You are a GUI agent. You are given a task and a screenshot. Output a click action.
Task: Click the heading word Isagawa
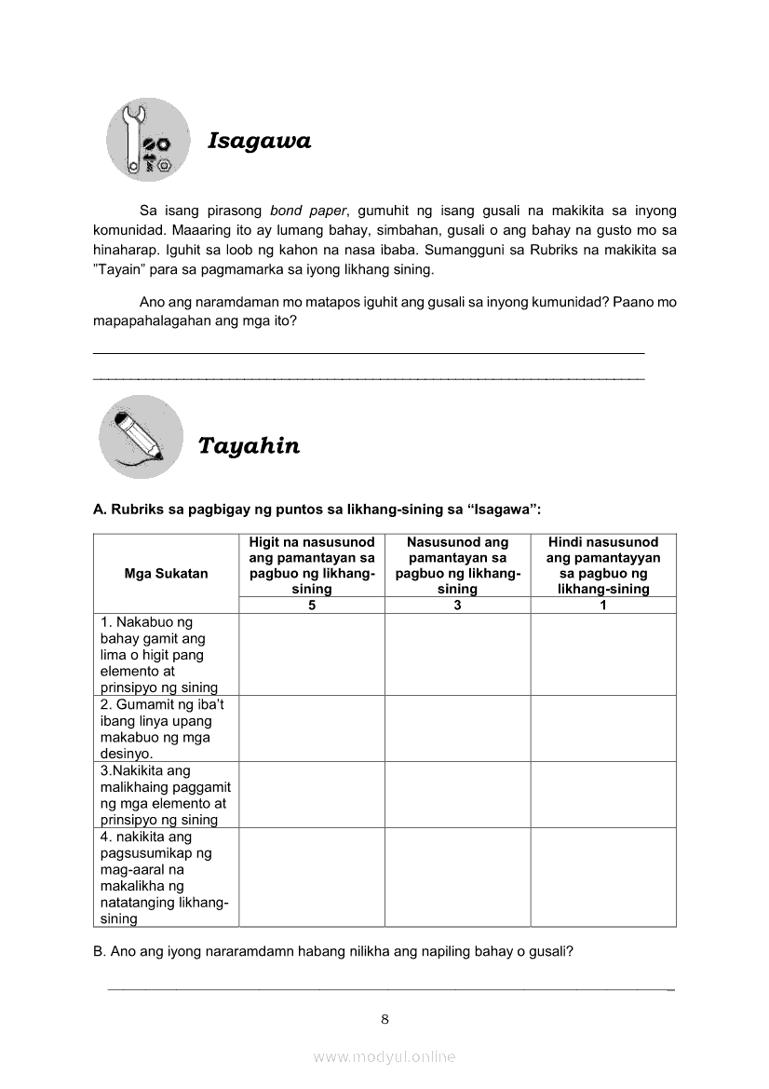[259, 141]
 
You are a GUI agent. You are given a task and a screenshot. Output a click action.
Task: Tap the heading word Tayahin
[249, 445]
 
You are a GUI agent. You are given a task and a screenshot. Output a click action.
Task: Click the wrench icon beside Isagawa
[147, 140]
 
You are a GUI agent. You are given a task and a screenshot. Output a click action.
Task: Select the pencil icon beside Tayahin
[141, 436]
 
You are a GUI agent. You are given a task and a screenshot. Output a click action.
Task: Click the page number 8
[384, 1018]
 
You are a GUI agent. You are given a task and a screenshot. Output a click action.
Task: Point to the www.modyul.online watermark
[384, 1056]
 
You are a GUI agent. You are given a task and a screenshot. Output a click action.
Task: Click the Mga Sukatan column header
[166, 574]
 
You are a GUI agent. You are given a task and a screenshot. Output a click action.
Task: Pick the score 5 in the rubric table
[311, 606]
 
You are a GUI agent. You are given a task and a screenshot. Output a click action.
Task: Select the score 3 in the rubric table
[457, 606]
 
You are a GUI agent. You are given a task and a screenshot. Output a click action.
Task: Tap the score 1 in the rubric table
[603, 606]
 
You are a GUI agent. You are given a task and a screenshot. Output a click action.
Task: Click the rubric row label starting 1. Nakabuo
[159, 655]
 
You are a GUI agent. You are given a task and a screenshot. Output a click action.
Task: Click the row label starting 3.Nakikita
[163, 796]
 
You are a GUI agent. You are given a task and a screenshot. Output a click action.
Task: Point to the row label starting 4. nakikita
[159, 878]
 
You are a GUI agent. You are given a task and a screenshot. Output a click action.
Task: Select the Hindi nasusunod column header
[603, 565]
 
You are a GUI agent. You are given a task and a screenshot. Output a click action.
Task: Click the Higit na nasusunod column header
[311, 565]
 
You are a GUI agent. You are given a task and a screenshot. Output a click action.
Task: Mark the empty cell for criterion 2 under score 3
[457, 728]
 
